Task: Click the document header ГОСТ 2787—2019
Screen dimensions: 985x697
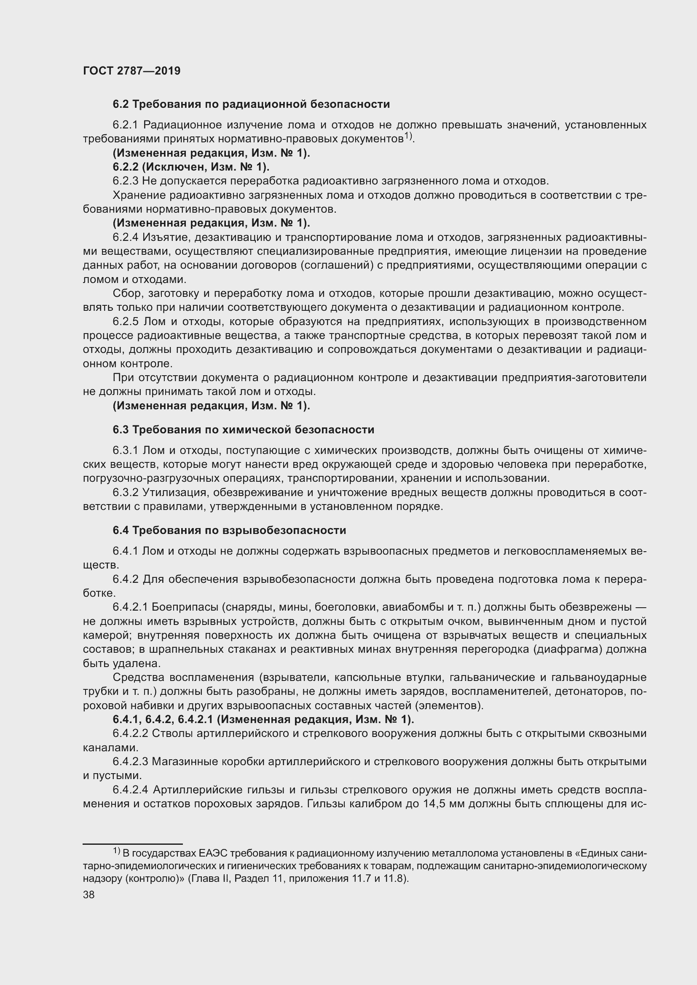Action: pyautogui.click(x=131, y=71)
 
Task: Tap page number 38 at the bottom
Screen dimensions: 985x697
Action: pyautogui.click(x=88, y=894)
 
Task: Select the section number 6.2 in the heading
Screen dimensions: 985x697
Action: pyautogui.click(x=121, y=104)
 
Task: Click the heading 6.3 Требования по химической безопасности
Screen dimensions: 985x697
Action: pyautogui.click(x=243, y=430)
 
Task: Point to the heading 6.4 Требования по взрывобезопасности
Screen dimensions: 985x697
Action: pyautogui.click(x=229, y=530)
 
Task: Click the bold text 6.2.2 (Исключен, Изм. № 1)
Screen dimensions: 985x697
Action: pyautogui.click(x=191, y=167)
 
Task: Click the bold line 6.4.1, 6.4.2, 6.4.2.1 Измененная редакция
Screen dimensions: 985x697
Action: pyautogui.click(x=263, y=719)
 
